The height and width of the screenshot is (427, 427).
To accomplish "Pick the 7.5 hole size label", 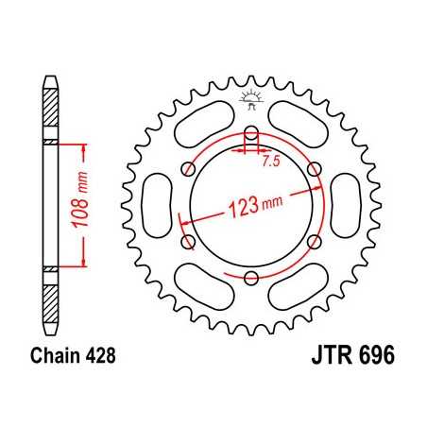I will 270,161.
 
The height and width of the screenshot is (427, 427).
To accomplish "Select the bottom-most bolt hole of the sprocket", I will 251,277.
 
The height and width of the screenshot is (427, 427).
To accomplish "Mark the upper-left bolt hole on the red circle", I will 189,168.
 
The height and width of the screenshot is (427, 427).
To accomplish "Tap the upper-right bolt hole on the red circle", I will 315,168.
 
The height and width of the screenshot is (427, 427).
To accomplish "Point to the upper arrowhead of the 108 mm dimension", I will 85,147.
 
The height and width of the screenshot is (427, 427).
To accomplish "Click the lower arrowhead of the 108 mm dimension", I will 85,265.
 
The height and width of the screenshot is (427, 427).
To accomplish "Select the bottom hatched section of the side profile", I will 50,300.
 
